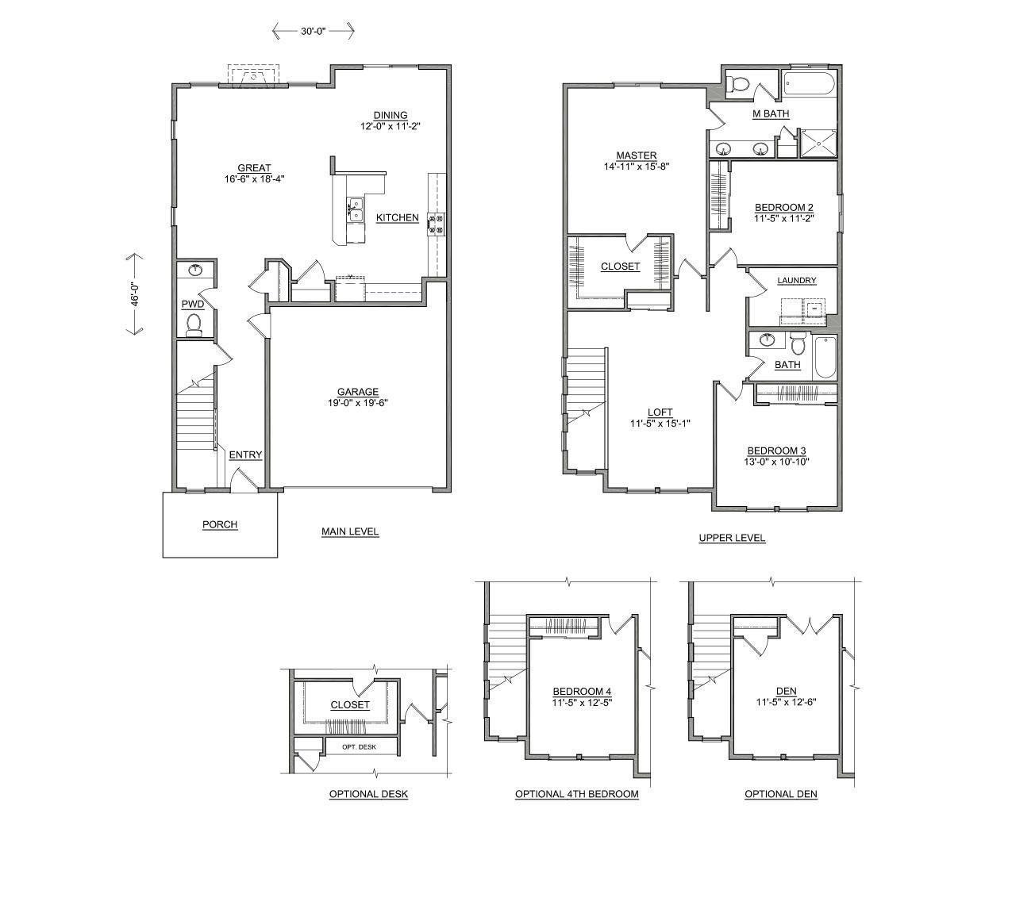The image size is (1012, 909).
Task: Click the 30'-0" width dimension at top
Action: click(313, 31)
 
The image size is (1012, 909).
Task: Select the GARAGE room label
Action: click(357, 392)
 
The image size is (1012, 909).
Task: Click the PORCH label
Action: click(220, 524)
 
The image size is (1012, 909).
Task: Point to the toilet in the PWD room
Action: click(193, 323)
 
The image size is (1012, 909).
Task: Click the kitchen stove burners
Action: click(437, 224)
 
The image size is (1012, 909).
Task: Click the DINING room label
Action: click(391, 116)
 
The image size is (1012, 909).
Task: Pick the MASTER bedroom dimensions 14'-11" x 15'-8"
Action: click(637, 167)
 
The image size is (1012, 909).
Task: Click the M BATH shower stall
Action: click(818, 143)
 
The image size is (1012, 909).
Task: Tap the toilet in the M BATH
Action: click(739, 82)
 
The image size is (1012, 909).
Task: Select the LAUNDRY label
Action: click(796, 280)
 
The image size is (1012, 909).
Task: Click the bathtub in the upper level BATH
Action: click(825, 357)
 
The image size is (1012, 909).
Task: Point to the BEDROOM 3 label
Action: click(776, 451)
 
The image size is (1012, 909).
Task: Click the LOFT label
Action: click(660, 412)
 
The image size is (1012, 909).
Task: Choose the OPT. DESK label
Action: click(359, 747)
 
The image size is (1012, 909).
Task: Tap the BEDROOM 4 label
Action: click(582, 692)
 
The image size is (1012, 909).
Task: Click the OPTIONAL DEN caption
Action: click(780, 794)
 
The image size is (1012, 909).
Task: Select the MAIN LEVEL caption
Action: click(350, 531)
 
